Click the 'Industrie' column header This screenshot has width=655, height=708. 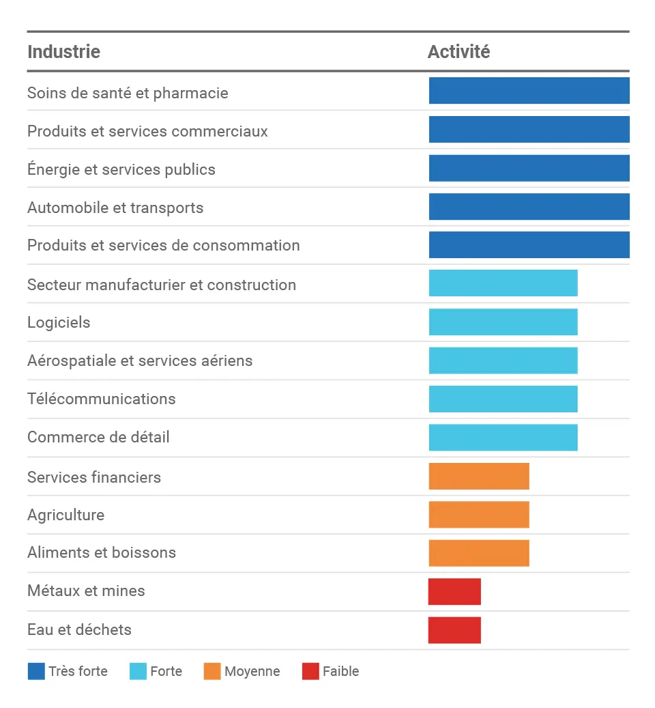click(x=63, y=52)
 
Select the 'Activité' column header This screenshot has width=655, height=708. click(x=458, y=52)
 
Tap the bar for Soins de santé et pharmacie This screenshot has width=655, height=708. click(x=529, y=91)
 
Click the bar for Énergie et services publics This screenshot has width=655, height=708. click(x=529, y=168)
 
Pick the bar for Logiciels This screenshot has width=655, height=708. click(x=503, y=322)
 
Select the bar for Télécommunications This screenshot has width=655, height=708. click(x=503, y=399)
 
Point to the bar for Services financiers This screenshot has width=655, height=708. click(x=479, y=476)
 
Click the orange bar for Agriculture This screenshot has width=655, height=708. click(x=479, y=514)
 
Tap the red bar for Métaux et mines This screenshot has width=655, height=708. click(x=454, y=591)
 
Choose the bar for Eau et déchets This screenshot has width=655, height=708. click(x=454, y=629)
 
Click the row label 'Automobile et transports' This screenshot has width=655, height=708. click(x=115, y=208)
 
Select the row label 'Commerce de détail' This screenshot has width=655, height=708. click(x=98, y=437)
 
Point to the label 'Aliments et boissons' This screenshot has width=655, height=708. click(x=102, y=552)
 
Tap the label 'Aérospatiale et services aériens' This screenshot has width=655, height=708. click(x=140, y=360)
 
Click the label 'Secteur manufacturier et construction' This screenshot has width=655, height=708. click(x=162, y=285)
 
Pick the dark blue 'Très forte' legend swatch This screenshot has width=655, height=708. click(x=36, y=671)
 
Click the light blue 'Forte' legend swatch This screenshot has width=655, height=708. click(x=138, y=671)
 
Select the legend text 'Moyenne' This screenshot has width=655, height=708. click(x=252, y=671)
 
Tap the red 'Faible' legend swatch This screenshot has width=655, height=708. click(x=310, y=671)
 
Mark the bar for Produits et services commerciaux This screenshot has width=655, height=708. click(x=529, y=130)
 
